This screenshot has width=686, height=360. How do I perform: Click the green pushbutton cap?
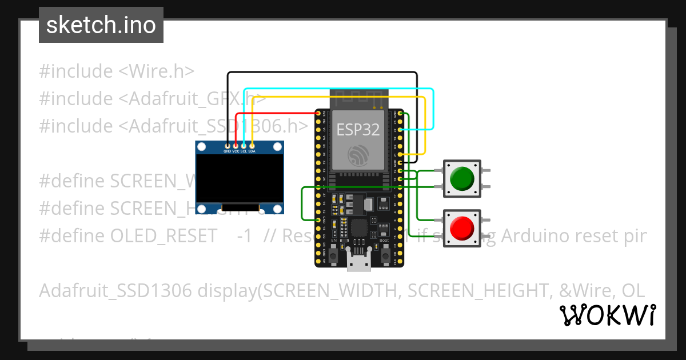pos(462,178)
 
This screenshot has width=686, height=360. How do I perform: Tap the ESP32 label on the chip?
pos(358,130)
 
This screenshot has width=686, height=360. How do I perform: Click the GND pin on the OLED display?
pos(228,147)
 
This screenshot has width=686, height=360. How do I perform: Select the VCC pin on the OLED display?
pos(236,147)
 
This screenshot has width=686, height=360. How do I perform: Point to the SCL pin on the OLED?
pos(244,147)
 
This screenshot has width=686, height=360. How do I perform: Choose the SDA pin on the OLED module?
pos(252,147)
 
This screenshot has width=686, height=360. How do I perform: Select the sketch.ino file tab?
pos(101,25)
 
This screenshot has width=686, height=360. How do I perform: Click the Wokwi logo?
pos(607,315)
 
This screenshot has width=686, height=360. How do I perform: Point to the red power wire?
pos(274,114)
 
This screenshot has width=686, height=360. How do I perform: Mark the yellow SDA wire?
pos(343,98)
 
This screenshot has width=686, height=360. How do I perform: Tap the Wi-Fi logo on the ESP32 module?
pos(358,155)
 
